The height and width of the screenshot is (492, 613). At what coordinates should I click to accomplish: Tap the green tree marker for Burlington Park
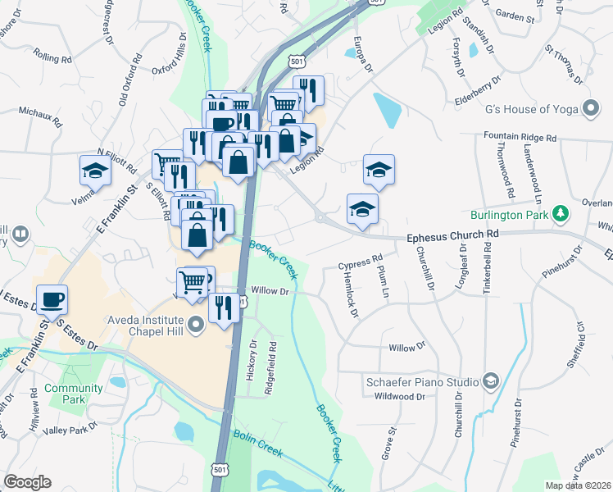coord(561,214)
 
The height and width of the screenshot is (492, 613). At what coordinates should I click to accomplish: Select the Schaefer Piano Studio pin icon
coord(490,381)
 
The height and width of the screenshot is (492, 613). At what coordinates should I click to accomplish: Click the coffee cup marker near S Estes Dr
coord(52,300)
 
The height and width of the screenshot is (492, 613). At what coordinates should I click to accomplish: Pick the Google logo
coord(27,481)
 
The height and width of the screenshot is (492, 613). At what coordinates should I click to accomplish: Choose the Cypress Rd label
coord(361,264)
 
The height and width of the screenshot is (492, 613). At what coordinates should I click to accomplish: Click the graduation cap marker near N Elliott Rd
coord(95,171)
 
